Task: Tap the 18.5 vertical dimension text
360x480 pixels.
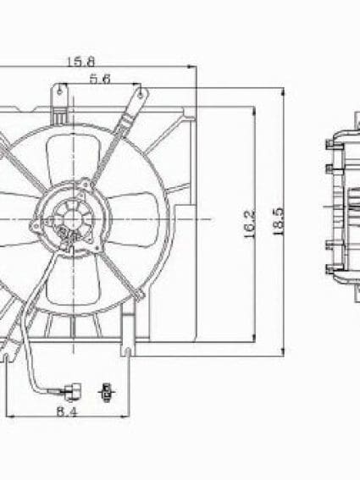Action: (x=278, y=221)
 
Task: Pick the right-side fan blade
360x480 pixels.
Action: (x=128, y=218)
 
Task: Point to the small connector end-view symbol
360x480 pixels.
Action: (x=105, y=391)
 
